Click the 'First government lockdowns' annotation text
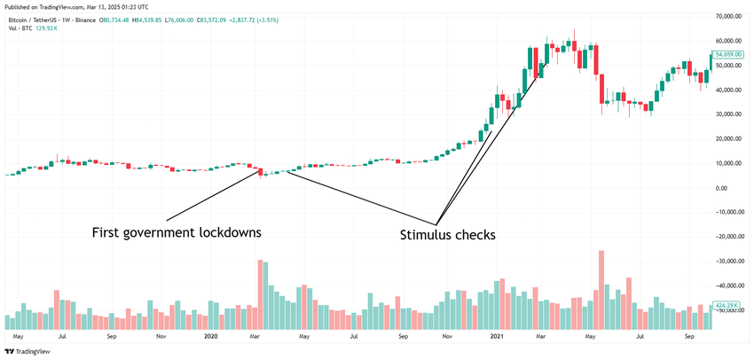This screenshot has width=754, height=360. pyautogui.click(x=177, y=233)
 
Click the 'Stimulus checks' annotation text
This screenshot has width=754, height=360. pyautogui.click(x=447, y=235)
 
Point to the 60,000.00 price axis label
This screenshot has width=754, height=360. pyautogui.click(x=733, y=41)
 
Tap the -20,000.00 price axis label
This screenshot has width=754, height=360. pyautogui.click(x=732, y=237)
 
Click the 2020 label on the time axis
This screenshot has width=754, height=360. pyautogui.click(x=211, y=337)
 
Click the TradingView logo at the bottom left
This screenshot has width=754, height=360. pyautogui.click(x=24, y=351)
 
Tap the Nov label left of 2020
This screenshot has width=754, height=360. pyautogui.click(x=161, y=337)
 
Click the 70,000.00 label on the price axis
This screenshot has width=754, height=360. pyautogui.click(x=733, y=16)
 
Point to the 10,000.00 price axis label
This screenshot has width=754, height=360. pyautogui.click(x=733, y=163)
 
